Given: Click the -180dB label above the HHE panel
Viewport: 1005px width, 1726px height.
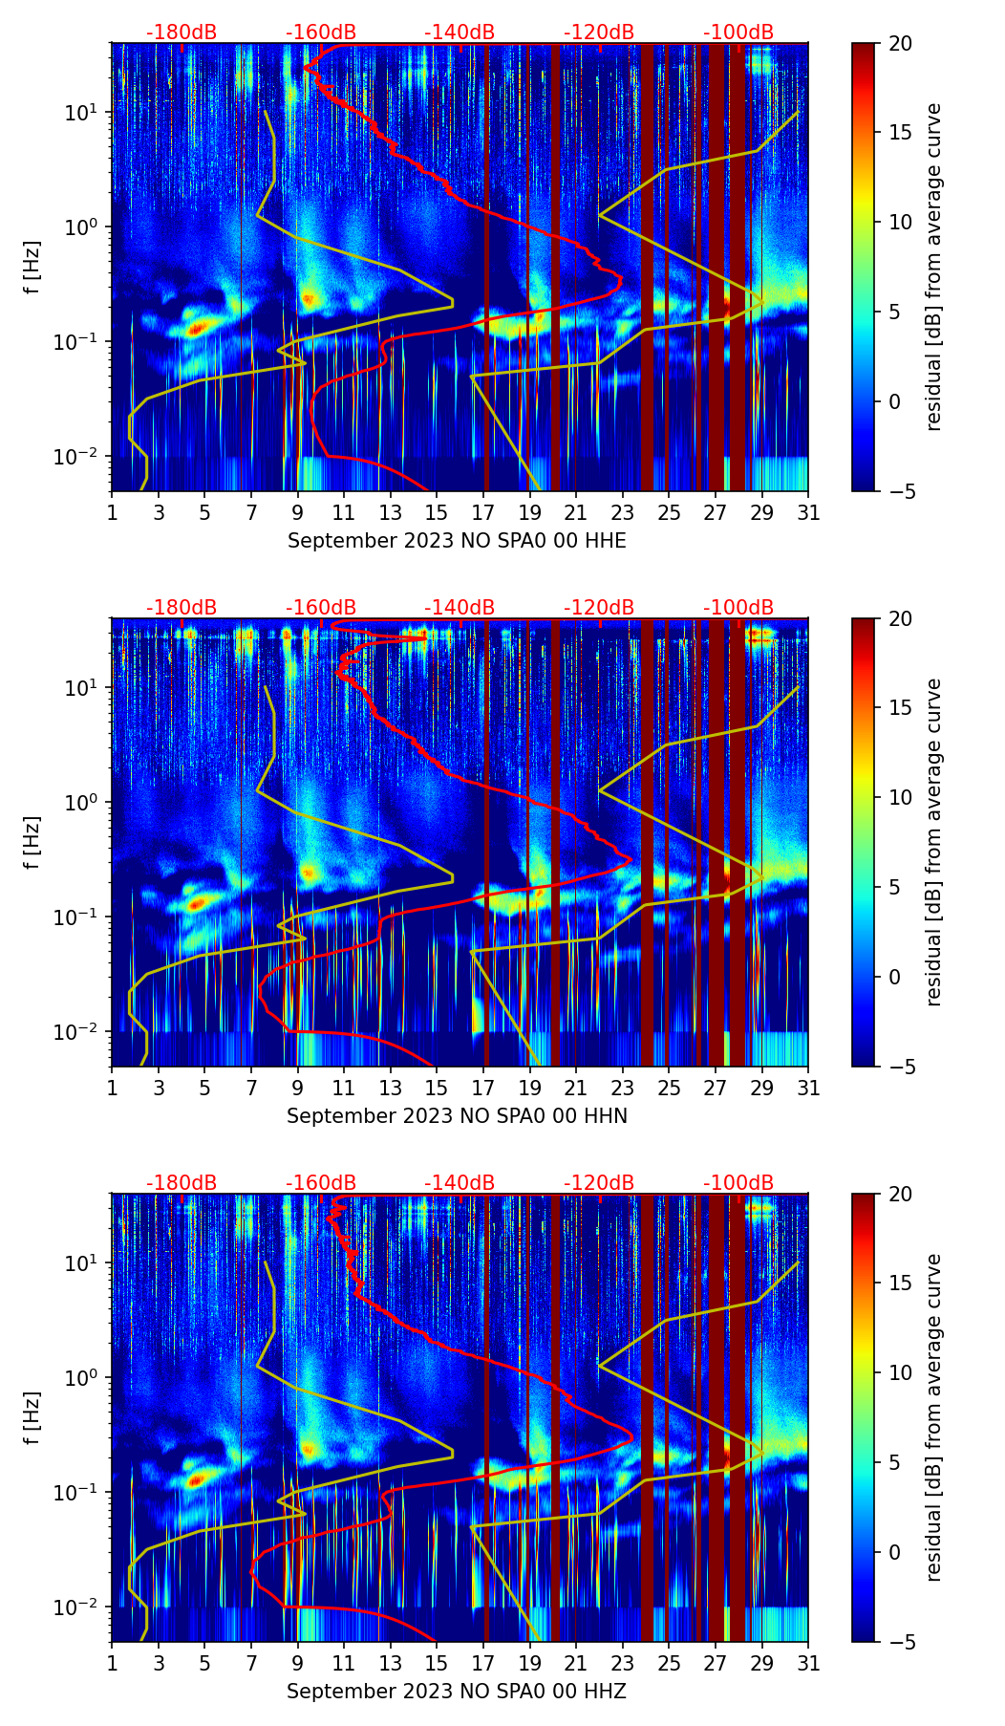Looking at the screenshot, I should [x=182, y=32].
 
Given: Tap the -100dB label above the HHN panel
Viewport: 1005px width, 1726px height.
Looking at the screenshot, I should [x=738, y=608].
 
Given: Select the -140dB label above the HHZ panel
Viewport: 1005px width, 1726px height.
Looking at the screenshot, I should [x=460, y=1183].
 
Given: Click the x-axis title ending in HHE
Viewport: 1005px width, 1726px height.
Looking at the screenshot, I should [x=457, y=541].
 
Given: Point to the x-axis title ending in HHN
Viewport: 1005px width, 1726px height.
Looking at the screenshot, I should [x=457, y=1116].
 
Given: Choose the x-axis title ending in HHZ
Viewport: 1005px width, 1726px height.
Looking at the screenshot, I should [x=457, y=1692].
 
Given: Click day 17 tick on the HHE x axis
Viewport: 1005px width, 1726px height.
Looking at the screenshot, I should [x=483, y=512].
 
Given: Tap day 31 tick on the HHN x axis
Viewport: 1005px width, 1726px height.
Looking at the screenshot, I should [x=808, y=1088].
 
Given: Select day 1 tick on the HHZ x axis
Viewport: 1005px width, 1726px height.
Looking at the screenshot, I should [x=113, y=1663].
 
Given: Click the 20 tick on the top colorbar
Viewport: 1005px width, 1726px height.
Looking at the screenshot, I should [x=900, y=43].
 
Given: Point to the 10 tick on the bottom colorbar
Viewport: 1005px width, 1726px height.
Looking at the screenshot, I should [x=900, y=1372].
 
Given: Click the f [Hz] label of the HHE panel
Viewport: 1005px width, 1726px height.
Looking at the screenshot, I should [x=32, y=267].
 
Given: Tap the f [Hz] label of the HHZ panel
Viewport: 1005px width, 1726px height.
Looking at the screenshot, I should [x=32, y=1417].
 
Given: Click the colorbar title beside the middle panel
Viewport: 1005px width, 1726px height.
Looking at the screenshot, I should [x=934, y=842].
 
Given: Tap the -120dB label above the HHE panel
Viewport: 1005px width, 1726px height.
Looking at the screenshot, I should [x=599, y=32].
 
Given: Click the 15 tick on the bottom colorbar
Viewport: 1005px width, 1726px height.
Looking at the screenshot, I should [x=900, y=1283].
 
